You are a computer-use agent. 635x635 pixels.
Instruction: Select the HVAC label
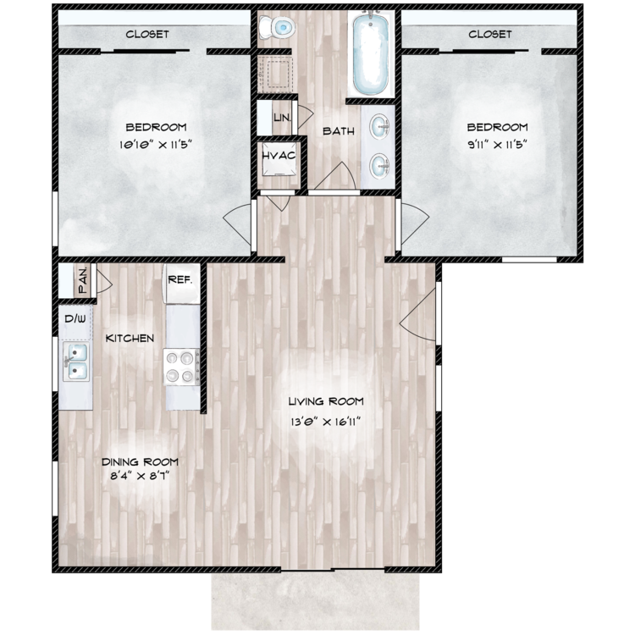coord(279,158)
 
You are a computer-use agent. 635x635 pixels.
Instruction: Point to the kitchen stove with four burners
coord(180,367)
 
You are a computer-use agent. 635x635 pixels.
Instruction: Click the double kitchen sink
coord(75,362)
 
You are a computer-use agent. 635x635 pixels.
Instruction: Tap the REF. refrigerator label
coord(181,279)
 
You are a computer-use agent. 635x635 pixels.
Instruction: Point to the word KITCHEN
coord(130,339)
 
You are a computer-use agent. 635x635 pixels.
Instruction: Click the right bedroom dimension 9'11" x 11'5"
coord(498,144)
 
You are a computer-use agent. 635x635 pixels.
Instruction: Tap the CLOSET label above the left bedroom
coord(147,35)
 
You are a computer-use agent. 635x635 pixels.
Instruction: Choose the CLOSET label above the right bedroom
coord(489,35)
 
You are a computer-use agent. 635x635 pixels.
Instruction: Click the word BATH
coord(338,131)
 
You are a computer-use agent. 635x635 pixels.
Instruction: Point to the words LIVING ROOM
coord(326,401)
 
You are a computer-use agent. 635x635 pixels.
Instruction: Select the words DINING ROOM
coord(140,461)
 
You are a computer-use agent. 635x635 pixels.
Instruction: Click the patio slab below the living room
coord(315,601)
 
